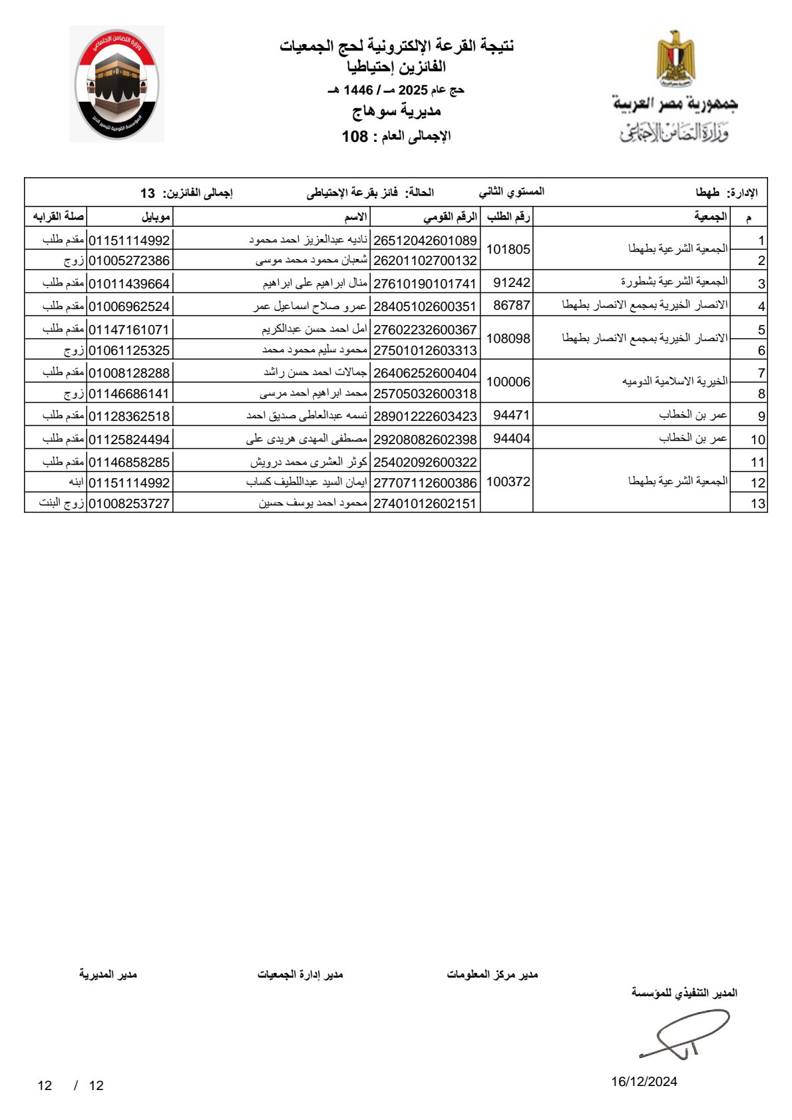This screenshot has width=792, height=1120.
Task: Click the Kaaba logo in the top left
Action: pos(116,84)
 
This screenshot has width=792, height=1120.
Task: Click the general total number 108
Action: pos(355,137)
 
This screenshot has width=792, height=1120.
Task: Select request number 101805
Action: pos(508,250)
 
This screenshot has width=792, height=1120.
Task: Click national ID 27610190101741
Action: pos(425,284)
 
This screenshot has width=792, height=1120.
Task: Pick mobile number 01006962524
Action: pos(129,306)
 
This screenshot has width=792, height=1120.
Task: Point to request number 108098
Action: pos(508,339)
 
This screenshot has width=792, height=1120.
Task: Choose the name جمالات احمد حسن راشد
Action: pos(315,373)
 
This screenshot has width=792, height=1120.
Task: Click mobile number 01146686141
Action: pos(129,394)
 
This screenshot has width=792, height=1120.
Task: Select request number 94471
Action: pos(511,416)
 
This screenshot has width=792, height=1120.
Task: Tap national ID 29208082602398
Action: pos(425,439)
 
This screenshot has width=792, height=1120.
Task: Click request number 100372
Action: pos(508,481)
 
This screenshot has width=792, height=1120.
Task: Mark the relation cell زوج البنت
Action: pos(61,503)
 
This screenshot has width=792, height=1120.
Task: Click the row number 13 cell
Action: pos(757,503)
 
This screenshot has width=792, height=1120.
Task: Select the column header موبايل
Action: pos(156,217)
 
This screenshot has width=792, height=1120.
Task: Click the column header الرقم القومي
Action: pos(450,217)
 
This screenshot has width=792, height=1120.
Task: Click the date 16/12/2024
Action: pos(644,1081)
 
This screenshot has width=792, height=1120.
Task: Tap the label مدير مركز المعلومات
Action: pos(492,975)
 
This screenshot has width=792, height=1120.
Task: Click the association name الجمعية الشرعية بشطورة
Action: pos(674,282)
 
